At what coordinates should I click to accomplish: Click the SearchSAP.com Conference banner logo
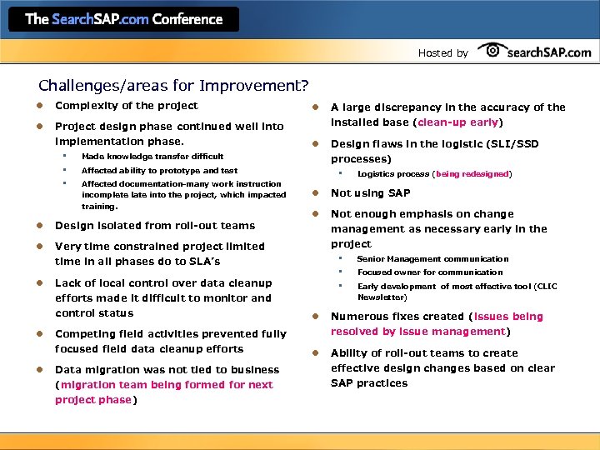tap(123, 19)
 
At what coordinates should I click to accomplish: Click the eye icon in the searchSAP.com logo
tap(492, 51)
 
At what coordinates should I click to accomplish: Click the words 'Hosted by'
tap(442, 52)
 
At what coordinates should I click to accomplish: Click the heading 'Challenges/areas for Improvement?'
tap(173, 85)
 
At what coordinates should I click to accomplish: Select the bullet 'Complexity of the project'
tap(126, 106)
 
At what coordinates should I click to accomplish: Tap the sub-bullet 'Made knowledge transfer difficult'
tap(152, 156)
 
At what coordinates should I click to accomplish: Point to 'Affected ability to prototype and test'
tap(159, 170)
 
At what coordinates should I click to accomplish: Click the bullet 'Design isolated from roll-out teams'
tap(155, 225)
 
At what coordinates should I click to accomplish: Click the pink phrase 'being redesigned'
tap(472, 174)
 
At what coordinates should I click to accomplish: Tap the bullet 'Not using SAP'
tap(370, 192)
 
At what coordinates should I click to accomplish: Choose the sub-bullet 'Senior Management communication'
tap(432, 259)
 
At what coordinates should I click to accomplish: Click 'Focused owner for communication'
tap(430, 272)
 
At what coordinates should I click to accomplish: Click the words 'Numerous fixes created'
tap(397, 317)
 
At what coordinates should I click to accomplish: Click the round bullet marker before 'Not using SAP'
tap(316, 193)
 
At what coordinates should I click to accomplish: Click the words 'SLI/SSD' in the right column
tap(510, 143)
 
